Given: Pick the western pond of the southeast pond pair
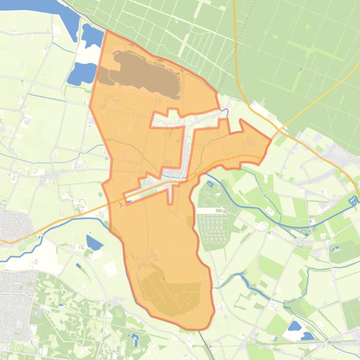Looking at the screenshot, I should click(x=294, y=326).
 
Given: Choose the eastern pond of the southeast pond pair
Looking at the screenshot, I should click(x=307, y=335).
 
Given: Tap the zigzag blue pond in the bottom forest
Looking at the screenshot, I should click(x=135, y=339).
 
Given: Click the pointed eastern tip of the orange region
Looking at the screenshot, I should click(x=271, y=139).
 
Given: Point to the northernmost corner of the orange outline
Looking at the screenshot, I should click(x=107, y=31).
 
